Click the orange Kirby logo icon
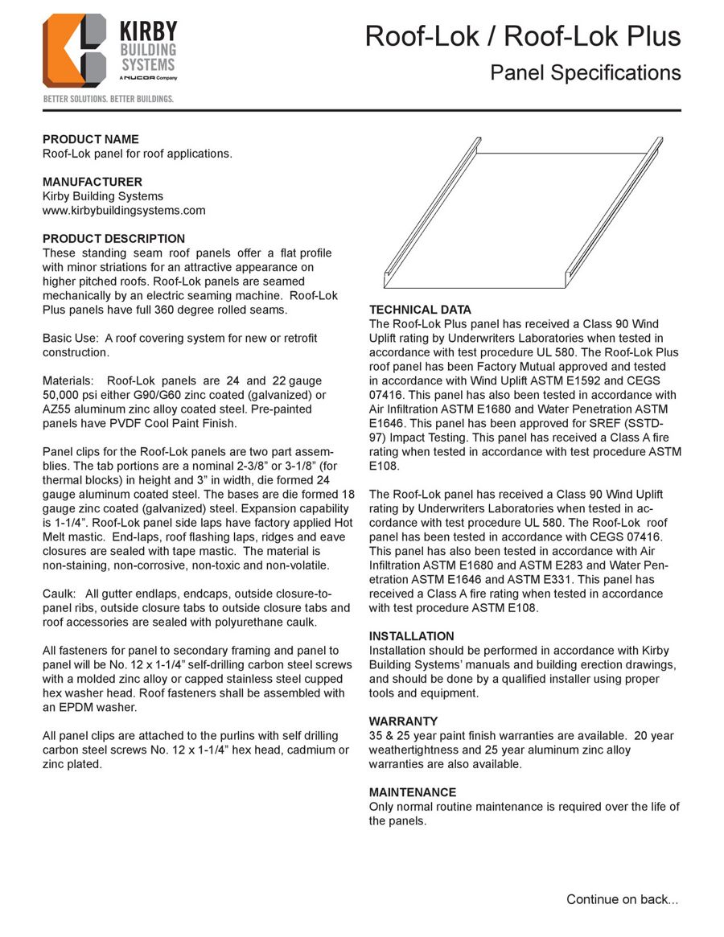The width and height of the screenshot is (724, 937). (x=74, y=50)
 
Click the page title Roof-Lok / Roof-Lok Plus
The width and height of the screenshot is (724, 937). (x=523, y=36)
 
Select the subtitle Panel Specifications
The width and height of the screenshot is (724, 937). (x=586, y=72)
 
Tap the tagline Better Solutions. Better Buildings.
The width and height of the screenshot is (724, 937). (x=108, y=99)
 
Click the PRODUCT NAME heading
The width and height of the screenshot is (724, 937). (x=90, y=139)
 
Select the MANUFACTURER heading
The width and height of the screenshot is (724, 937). (x=92, y=182)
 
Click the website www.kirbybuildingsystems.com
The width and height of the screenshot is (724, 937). (x=123, y=211)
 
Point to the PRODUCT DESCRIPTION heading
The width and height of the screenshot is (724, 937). (x=113, y=239)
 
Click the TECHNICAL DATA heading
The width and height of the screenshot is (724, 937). (x=420, y=310)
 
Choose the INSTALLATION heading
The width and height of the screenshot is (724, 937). (x=411, y=636)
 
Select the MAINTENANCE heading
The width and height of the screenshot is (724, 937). (x=412, y=792)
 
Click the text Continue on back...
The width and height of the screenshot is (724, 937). (x=622, y=899)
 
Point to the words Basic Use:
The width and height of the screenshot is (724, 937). (x=70, y=338)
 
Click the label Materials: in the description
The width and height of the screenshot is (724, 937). (x=69, y=380)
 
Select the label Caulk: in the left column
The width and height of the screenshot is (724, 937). (x=59, y=594)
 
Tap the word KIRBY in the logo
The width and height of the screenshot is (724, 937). (x=148, y=32)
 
